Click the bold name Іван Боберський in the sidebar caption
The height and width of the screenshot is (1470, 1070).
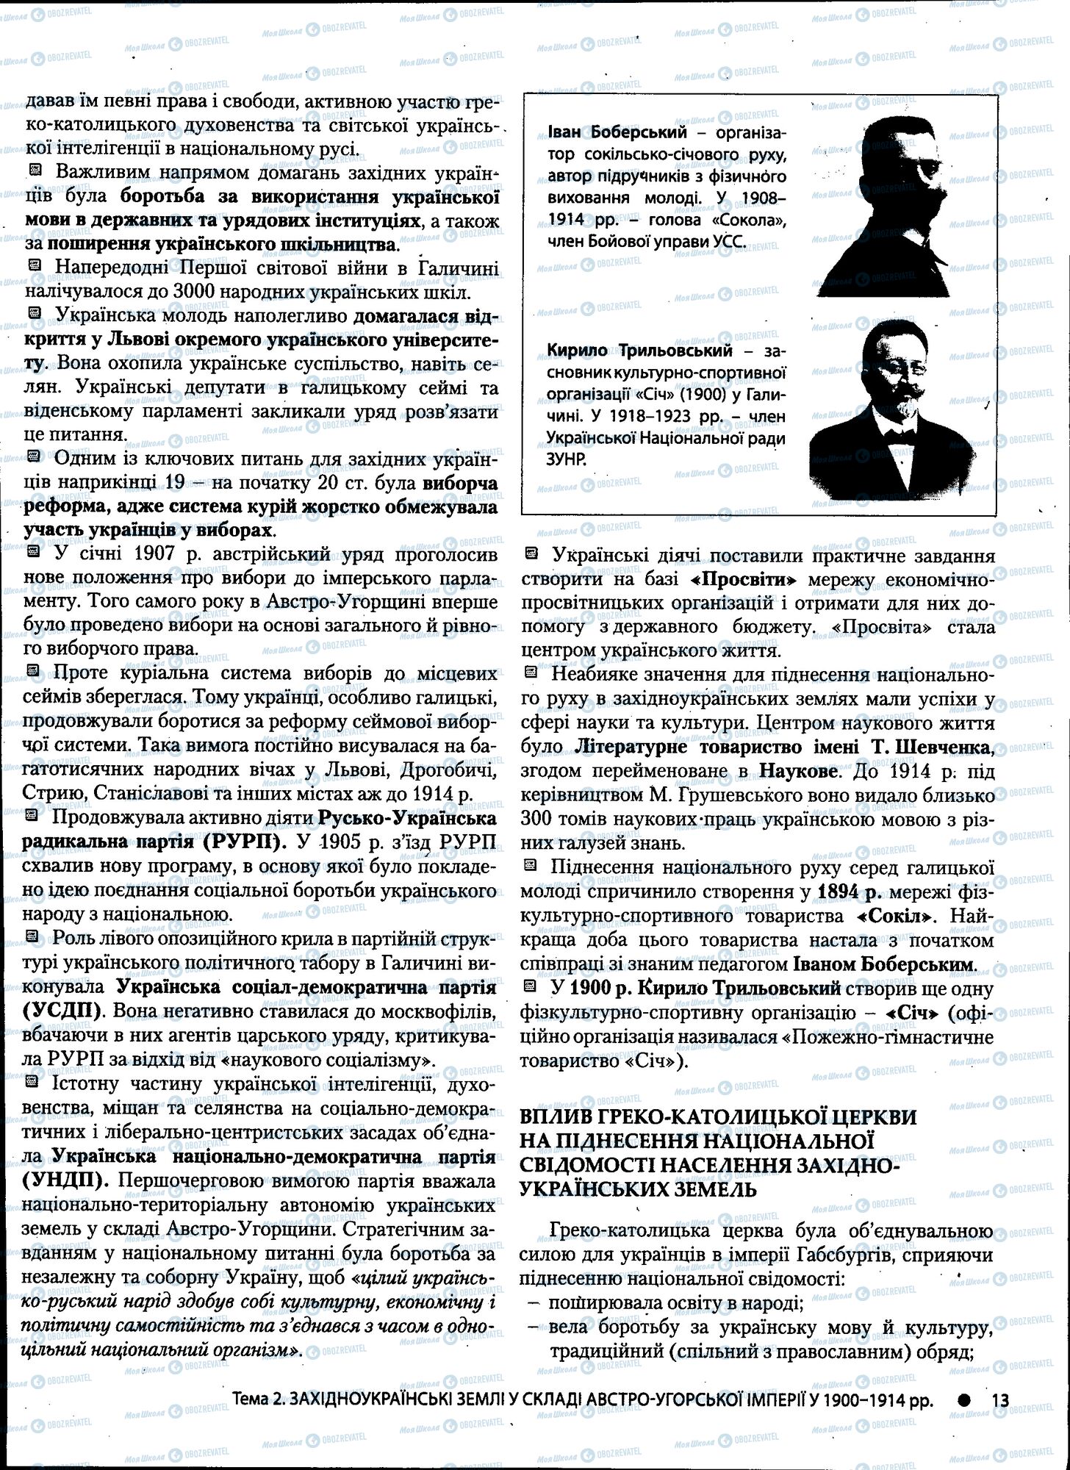617,133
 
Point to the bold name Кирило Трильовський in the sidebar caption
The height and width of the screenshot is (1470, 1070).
640,351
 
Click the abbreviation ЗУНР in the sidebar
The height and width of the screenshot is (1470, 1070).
567,459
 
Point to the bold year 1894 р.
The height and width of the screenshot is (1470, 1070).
848,892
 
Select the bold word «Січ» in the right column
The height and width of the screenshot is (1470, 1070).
912,1013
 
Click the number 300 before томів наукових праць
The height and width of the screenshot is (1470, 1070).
538,820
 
